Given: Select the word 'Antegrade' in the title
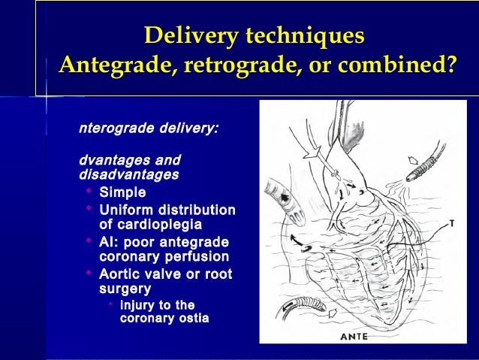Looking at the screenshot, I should coord(113,65).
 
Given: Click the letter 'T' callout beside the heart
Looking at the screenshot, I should coord(451,223).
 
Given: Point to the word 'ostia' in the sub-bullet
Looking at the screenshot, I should coord(194,319).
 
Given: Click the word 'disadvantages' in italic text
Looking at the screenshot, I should coord(128,175).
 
